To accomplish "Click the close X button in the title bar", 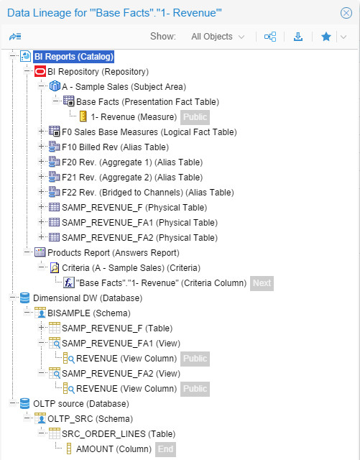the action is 346,13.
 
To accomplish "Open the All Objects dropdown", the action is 218,37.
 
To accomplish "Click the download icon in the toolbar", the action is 298,37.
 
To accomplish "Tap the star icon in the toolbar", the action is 326,37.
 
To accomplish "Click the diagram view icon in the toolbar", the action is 270,37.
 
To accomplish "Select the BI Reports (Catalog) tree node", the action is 74,56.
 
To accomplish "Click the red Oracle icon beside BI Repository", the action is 40,72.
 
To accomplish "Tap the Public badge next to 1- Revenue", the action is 195,117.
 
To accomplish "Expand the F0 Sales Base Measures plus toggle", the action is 42,132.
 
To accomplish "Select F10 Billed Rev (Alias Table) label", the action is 115,147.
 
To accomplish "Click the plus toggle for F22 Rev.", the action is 42,192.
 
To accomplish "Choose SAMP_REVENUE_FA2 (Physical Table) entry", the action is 139,238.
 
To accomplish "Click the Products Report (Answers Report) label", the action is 114,252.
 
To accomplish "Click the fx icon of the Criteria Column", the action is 69,282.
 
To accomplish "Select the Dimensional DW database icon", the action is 25,298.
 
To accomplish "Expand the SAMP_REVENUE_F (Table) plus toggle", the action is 42,328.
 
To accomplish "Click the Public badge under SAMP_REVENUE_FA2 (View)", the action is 195,389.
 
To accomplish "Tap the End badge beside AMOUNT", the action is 165,449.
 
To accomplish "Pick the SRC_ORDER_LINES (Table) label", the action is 119,434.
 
